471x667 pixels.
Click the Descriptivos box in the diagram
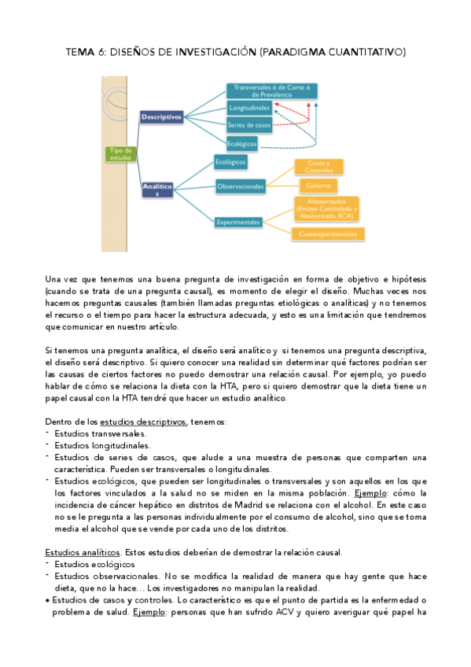(x=161, y=116)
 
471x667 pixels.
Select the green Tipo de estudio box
(x=121, y=153)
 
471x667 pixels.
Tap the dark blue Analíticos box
(x=158, y=190)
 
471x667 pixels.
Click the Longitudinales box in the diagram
(x=248, y=107)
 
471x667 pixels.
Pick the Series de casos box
(x=249, y=125)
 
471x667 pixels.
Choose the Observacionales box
(x=241, y=186)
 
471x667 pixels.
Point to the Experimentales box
(x=238, y=223)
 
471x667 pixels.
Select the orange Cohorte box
(x=319, y=186)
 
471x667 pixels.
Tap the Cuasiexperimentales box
(x=328, y=234)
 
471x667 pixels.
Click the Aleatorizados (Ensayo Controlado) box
(x=327, y=208)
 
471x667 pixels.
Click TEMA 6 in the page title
(x=84, y=53)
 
